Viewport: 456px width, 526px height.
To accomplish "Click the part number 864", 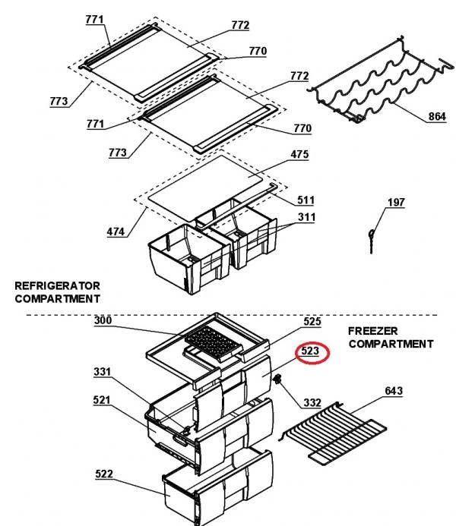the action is tap(437, 116).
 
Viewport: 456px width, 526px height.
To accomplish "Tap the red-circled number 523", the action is tap(309, 351).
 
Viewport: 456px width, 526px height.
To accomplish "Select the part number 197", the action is tap(396, 203).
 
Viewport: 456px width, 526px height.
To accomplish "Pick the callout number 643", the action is tap(394, 391).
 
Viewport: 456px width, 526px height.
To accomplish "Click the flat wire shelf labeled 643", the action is tap(333, 433).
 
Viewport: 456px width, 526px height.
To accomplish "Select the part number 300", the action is tap(103, 320).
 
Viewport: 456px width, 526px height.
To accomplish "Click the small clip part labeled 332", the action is tap(277, 380).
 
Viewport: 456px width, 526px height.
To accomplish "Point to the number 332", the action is tap(312, 402).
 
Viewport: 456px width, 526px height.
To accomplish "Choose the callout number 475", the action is tap(299, 154).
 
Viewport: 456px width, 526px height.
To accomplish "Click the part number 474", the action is tap(116, 232).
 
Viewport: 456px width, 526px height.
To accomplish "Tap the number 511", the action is tap(306, 200).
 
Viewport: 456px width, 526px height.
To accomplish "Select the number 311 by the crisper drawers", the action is tap(306, 217).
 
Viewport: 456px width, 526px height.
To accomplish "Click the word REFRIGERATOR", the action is tap(58, 286).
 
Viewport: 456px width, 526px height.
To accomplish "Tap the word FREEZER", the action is tap(372, 331).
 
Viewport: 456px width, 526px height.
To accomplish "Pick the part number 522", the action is tap(104, 474).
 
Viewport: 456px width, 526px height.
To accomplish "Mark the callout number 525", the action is tap(312, 321).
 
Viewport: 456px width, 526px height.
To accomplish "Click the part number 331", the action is tap(102, 372).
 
